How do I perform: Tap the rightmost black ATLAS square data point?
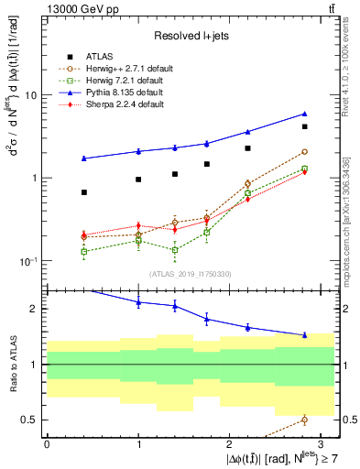pos(304,126)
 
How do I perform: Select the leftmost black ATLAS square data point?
pos(84,192)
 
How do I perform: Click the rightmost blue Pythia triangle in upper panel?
pos(304,114)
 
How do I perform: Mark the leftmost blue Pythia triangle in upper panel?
pos(84,158)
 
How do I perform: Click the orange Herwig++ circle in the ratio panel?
pos(304,420)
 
